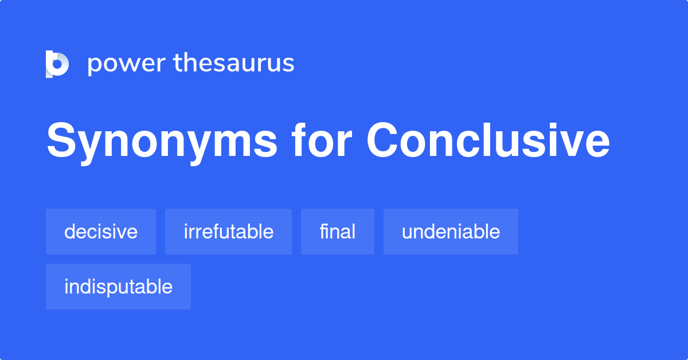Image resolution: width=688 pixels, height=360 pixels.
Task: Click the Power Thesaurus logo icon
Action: click(x=57, y=64)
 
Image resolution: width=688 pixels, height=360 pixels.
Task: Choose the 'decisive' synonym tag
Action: click(x=101, y=232)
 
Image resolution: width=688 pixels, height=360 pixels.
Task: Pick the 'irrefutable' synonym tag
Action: click(x=228, y=232)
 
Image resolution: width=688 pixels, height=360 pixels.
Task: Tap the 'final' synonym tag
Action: click(x=338, y=232)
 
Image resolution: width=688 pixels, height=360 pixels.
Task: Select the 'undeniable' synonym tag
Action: click(x=451, y=232)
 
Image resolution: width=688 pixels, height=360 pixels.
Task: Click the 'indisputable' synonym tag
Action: click(x=118, y=287)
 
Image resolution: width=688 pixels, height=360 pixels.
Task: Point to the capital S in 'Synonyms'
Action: click(x=60, y=141)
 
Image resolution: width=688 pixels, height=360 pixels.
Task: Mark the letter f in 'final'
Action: click(x=323, y=232)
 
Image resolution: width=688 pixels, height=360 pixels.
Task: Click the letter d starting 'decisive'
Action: click(x=69, y=232)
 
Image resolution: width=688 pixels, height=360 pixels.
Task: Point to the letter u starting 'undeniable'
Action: click(x=406, y=233)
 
